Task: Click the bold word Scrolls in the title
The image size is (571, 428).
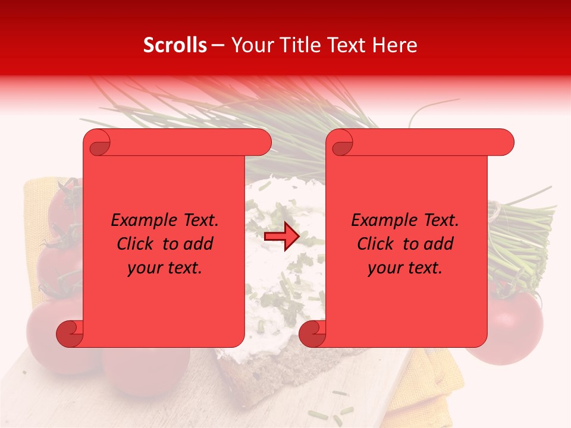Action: point(175,45)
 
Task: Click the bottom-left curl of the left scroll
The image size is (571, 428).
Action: point(70,333)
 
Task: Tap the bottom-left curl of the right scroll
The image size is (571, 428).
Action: point(313,333)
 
